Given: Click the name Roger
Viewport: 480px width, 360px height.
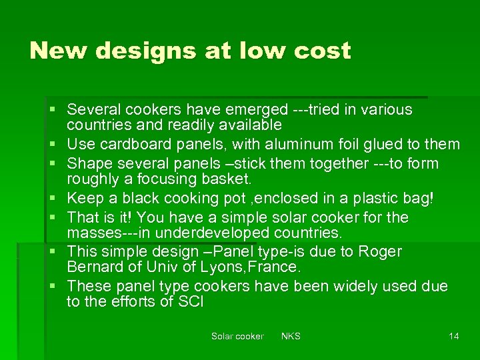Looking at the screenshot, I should pyautogui.click(x=380, y=251).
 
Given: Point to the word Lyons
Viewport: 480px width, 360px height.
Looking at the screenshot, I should pyautogui.click(x=218, y=267).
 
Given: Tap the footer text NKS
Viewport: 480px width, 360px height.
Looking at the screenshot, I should pyautogui.click(x=291, y=336).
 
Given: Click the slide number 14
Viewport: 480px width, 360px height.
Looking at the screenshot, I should pyautogui.click(x=454, y=336).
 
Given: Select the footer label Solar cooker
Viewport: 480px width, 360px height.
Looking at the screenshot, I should pyautogui.click(x=237, y=336).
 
